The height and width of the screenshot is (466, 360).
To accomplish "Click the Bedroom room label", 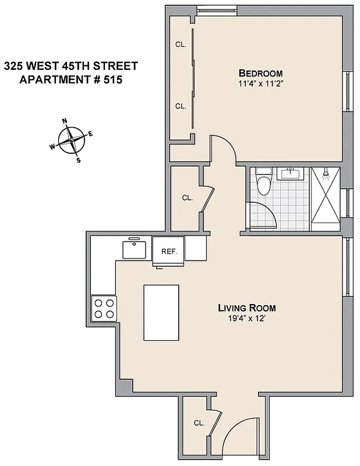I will pyautogui.click(x=260, y=73).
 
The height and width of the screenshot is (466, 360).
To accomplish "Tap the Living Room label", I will pyautogui.click(x=246, y=308).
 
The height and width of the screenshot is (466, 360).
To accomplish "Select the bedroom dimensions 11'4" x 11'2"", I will pyautogui.click(x=260, y=83).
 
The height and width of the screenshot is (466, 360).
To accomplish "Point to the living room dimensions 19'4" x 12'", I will pyautogui.click(x=246, y=318).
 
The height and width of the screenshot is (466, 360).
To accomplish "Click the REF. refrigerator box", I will pyautogui.click(x=168, y=251).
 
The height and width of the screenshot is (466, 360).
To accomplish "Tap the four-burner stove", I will pyautogui.click(x=104, y=308).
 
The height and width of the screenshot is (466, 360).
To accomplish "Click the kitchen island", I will pyautogui.click(x=161, y=312).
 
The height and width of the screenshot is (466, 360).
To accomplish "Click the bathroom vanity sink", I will pyautogui.click(x=290, y=173).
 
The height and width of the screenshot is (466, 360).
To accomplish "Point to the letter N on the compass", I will pyautogui.click(x=65, y=122).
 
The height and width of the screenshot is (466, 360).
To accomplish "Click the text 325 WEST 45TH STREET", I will pyautogui.click(x=70, y=66).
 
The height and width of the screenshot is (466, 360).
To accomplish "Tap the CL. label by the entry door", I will pyautogui.click(x=199, y=423).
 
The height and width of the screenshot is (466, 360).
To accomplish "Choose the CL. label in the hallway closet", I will pyautogui.click(x=187, y=198).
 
